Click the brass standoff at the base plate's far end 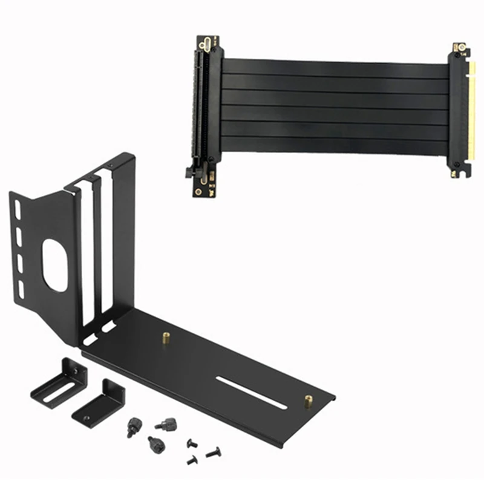pos(309,401)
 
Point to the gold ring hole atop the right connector pos(460,47)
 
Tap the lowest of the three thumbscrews pos(156,446)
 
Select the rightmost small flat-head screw pos(213,451)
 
